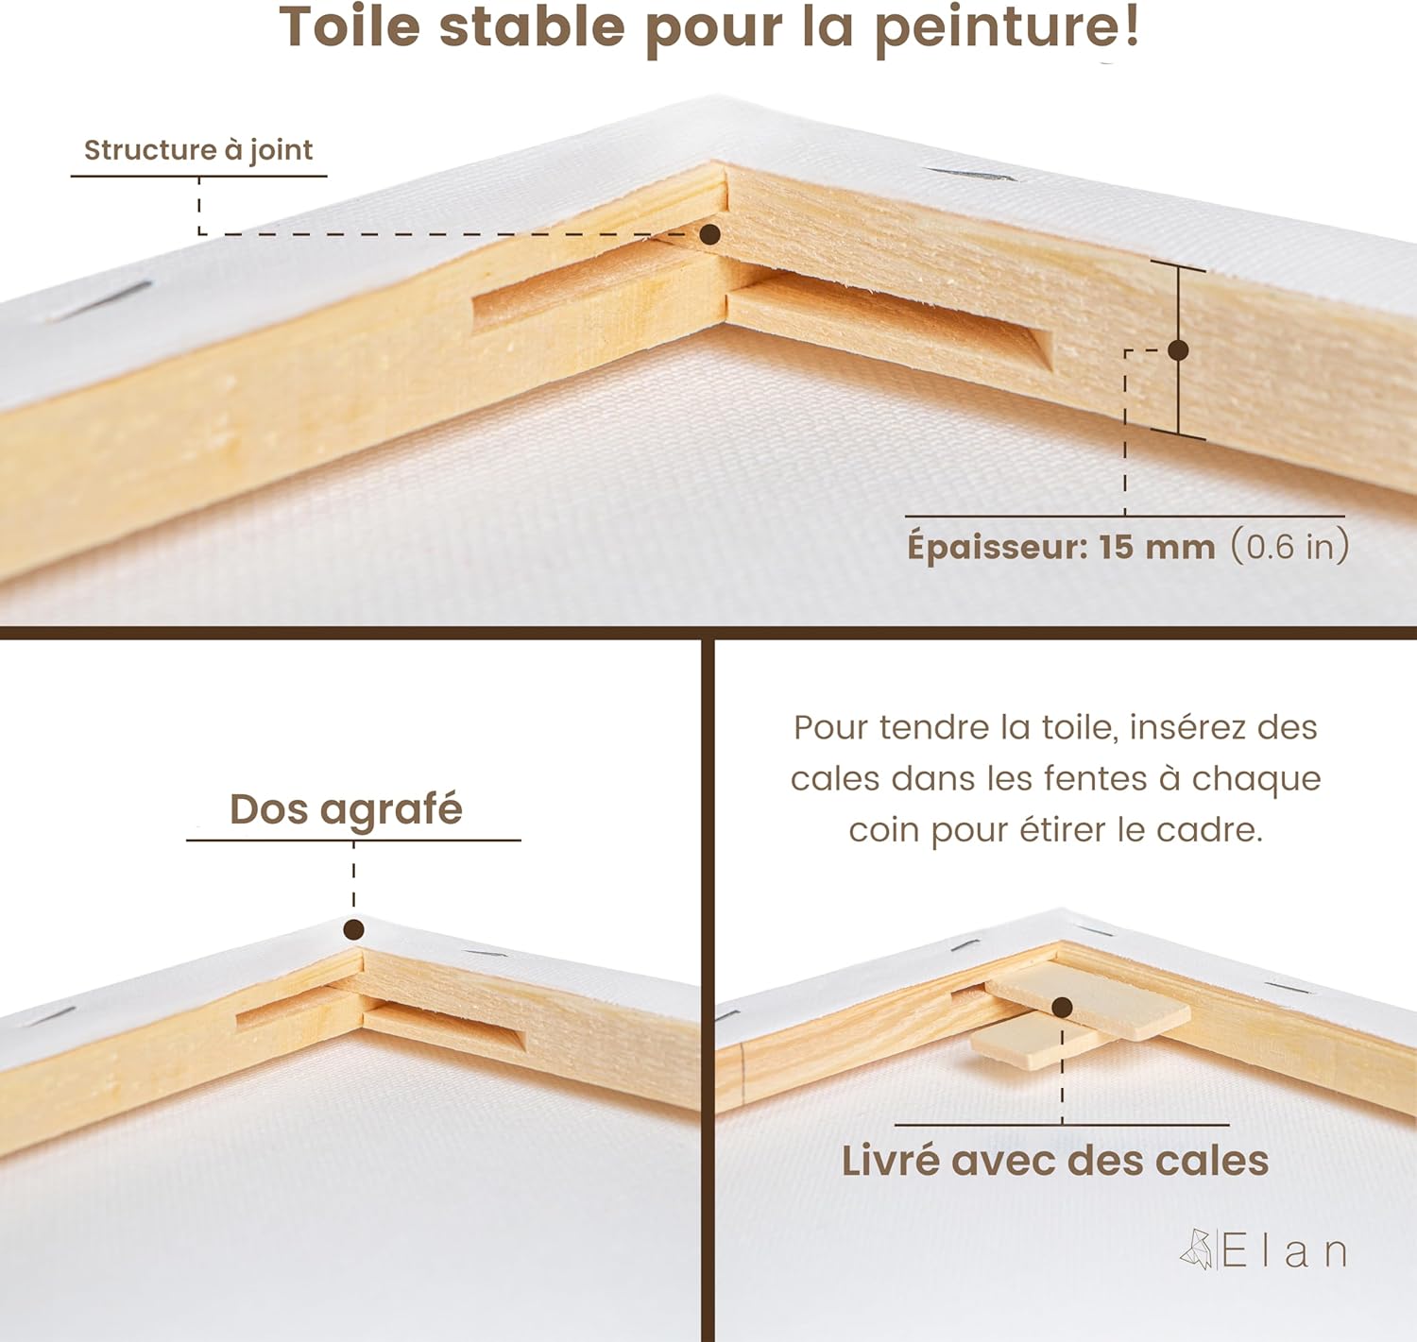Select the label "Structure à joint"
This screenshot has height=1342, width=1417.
tap(198, 151)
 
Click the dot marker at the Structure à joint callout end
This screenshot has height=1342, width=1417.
tap(710, 234)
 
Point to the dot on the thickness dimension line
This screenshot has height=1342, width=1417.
tap(1178, 350)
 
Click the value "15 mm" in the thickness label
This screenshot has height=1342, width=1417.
tap(1157, 547)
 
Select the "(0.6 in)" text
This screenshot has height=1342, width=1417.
tap(1289, 546)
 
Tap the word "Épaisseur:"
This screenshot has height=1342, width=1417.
tap(998, 545)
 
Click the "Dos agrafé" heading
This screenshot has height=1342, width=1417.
tap(346, 810)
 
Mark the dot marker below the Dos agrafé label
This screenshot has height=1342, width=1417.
tap(353, 929)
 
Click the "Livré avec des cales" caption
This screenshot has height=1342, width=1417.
tap(1055, 1161)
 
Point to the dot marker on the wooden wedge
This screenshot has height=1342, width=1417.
tap(1062, 1007)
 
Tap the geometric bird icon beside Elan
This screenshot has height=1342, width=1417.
tap(1197, 1249)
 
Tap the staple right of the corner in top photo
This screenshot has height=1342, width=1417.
tap(972, 175)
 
